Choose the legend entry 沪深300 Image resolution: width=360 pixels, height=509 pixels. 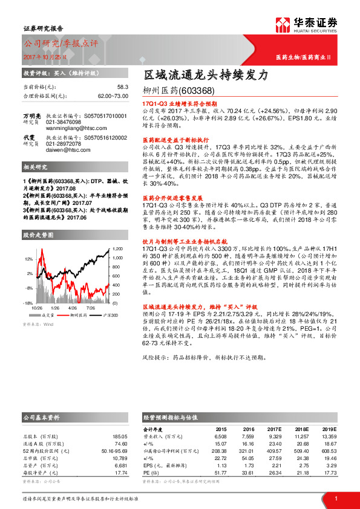[111, 315]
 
